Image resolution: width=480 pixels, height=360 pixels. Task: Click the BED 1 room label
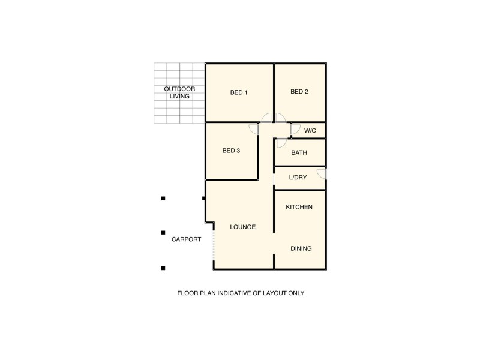point(239,92)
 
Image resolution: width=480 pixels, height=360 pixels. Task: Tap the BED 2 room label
point(299,92)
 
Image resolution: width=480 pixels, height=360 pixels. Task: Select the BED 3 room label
point(231,151)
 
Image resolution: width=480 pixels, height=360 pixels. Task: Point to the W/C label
point(310,130)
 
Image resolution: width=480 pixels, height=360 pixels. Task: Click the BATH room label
point(299,153)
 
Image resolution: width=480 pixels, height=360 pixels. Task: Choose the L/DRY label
point(298,178)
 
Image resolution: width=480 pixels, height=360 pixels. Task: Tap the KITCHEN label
point(299,207)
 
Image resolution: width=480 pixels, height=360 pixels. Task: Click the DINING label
point(301,248)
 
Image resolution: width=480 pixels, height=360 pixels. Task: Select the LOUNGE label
point(243,227)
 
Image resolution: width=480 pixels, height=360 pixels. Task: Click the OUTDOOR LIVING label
point(180,92)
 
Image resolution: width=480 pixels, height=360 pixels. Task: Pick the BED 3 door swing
point(254,128)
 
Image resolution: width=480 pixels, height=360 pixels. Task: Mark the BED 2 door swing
point(280,118)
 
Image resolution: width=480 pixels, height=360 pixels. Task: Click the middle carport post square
point(163,233)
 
